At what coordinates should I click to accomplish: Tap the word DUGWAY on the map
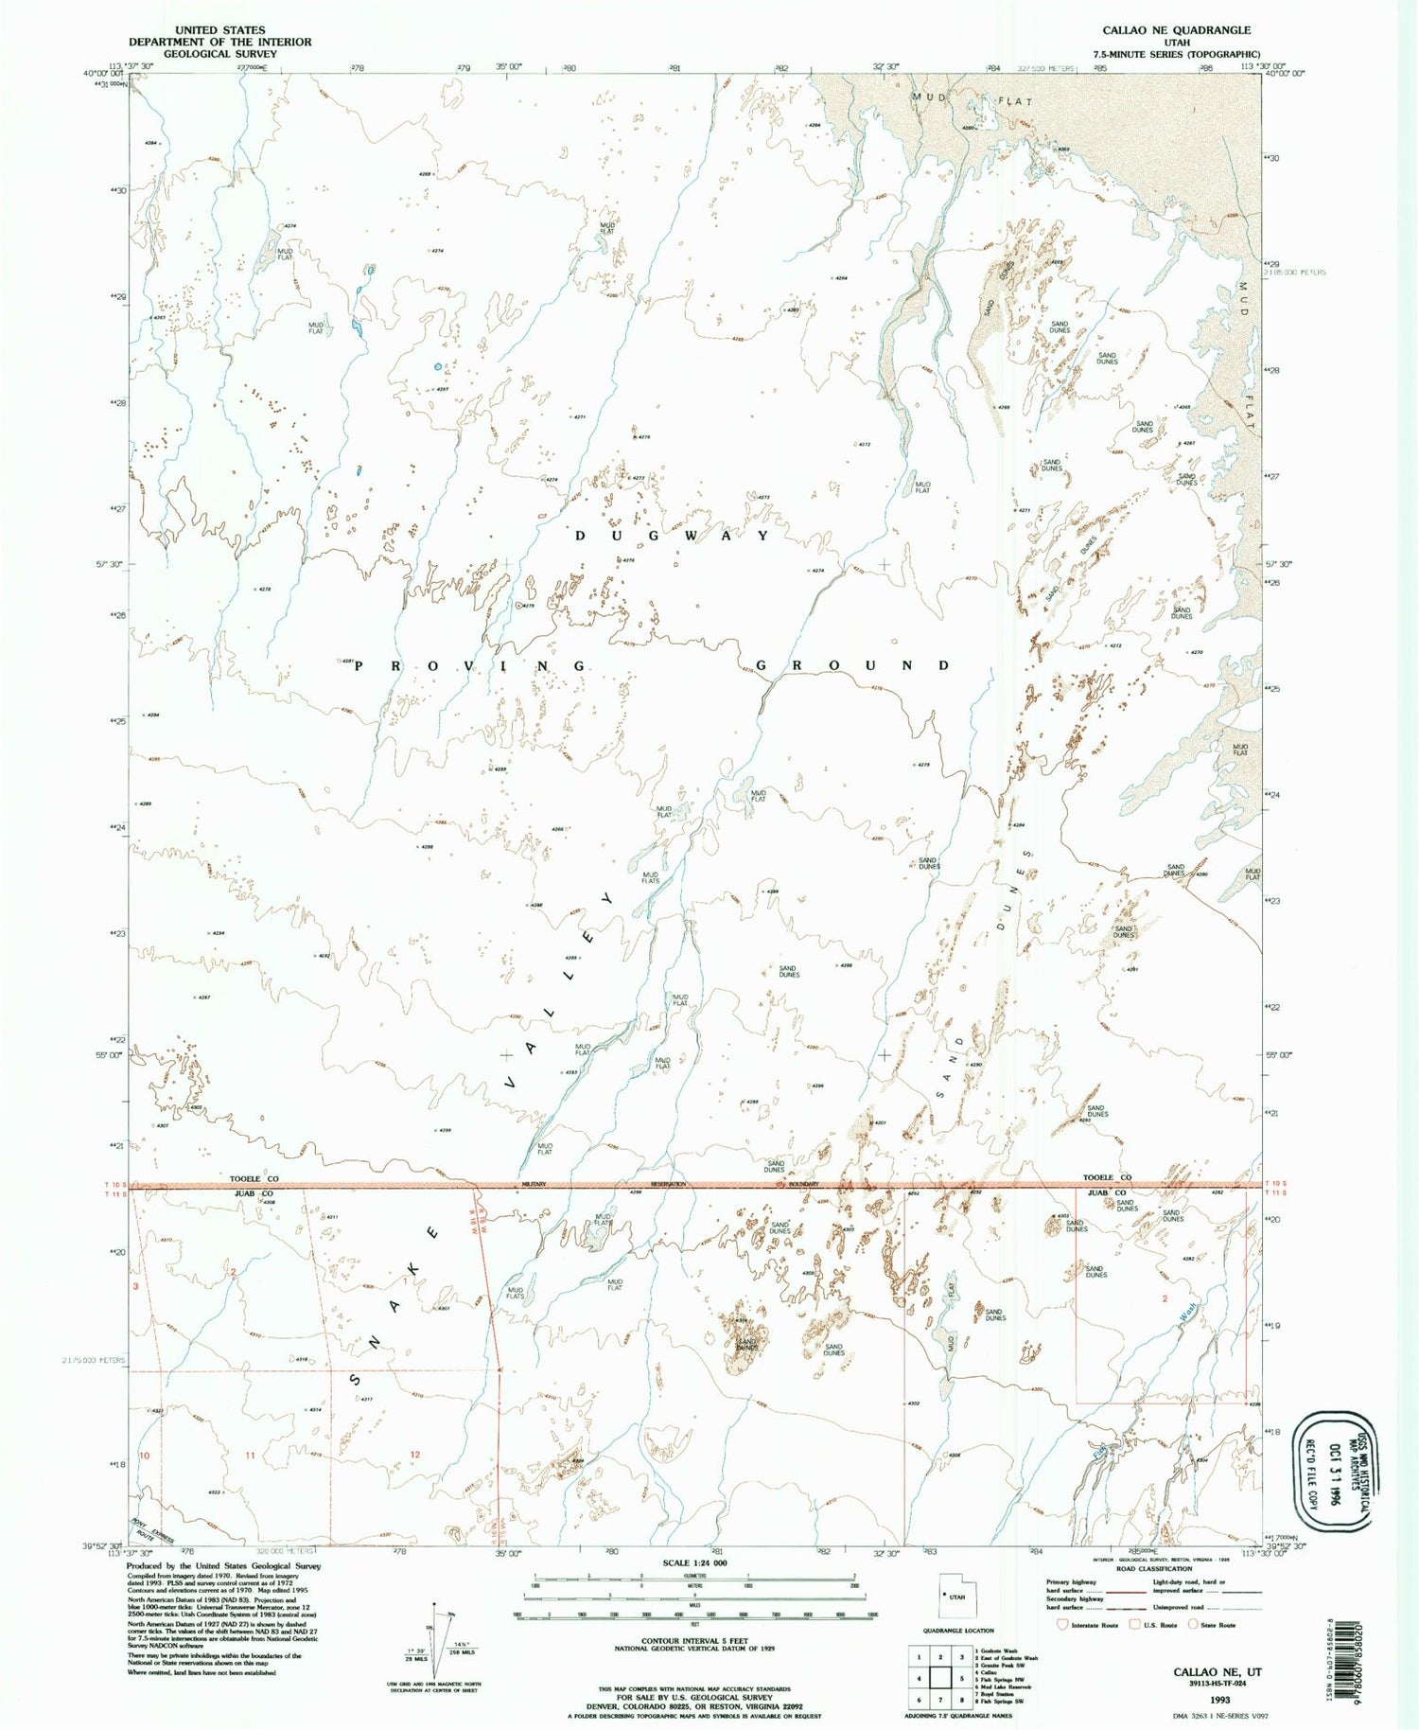[674, 536]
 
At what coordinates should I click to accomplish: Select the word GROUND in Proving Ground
[851, 665]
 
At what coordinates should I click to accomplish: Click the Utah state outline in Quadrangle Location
[954, 1595]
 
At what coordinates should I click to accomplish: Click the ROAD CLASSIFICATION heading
[1152, 1568]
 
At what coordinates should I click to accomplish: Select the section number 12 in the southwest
[414, 1454]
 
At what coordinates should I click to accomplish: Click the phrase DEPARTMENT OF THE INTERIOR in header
[220, 42]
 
